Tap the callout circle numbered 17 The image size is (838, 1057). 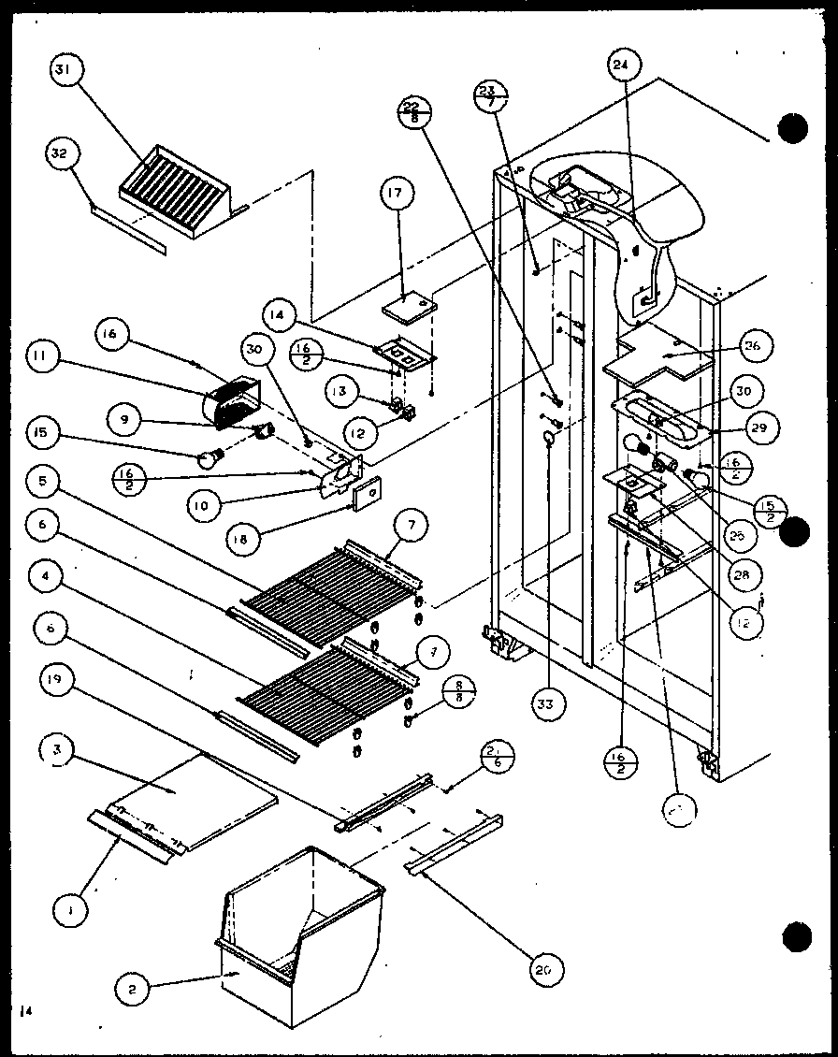397,196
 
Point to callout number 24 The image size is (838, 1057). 620,65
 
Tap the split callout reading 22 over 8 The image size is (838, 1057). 415,111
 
